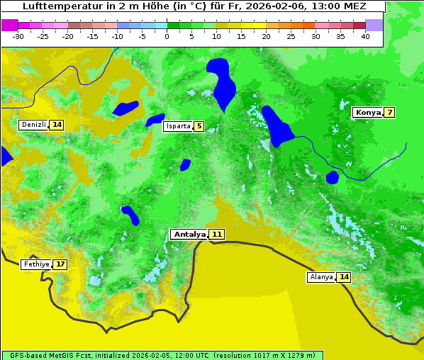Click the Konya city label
(x=368, y=112)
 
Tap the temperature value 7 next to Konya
(x=389, y=112)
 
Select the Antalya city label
(x=189, y=234)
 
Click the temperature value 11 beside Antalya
(x=217, y=234)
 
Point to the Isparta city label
(x=178, y=126)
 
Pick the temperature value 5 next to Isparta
(x=199, y=126)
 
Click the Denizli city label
(x=33, y=125)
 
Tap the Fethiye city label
(x=36, y=264)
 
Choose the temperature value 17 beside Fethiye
(x=60, y=264)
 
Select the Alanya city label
(x=321, y=277)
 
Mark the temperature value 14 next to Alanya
(x=344, y=277)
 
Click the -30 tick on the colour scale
(x=18, y=36)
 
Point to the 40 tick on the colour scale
(x=365, y=36)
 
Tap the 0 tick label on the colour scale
(x=167, y=36)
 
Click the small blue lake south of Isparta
(x=185, y=164)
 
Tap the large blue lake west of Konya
(x=277, y=126)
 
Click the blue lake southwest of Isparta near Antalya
(x=130, y=214)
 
